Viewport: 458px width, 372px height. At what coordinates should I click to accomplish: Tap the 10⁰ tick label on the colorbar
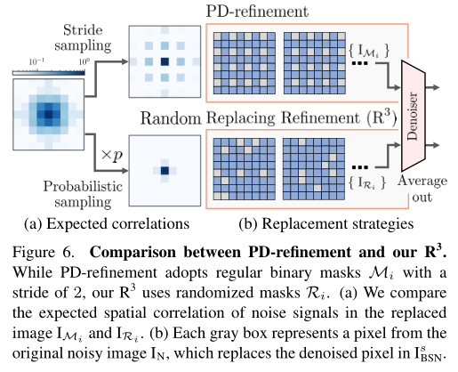[x=80, y=60]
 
